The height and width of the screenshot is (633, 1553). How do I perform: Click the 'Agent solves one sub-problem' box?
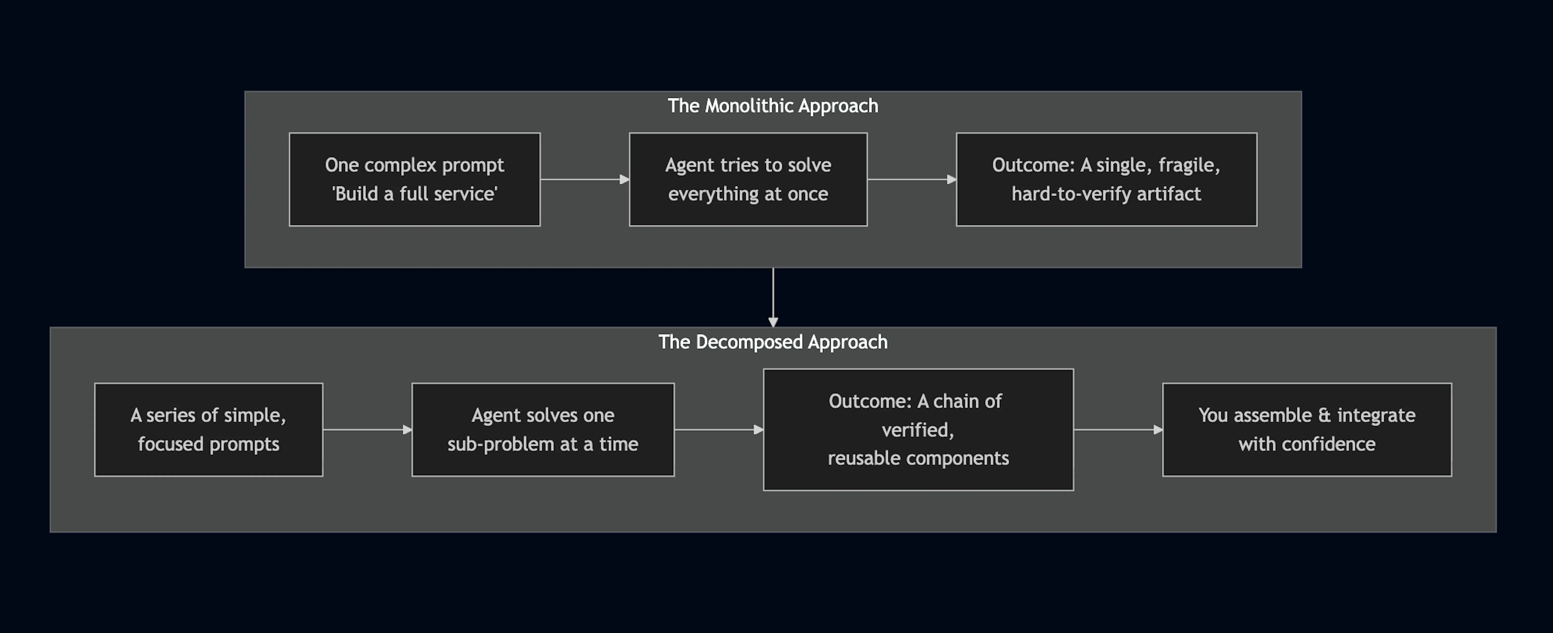tap(543, 430)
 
